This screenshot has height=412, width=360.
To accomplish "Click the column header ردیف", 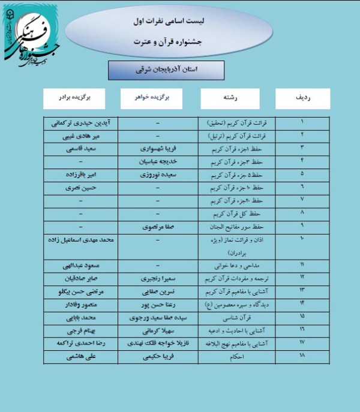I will pyautogui.click(x=303, y=98).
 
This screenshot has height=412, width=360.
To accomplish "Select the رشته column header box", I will pyautogui.click(x=230, y=98).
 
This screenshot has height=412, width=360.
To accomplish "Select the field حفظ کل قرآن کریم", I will pyautogui.click(x=231, y=214).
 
